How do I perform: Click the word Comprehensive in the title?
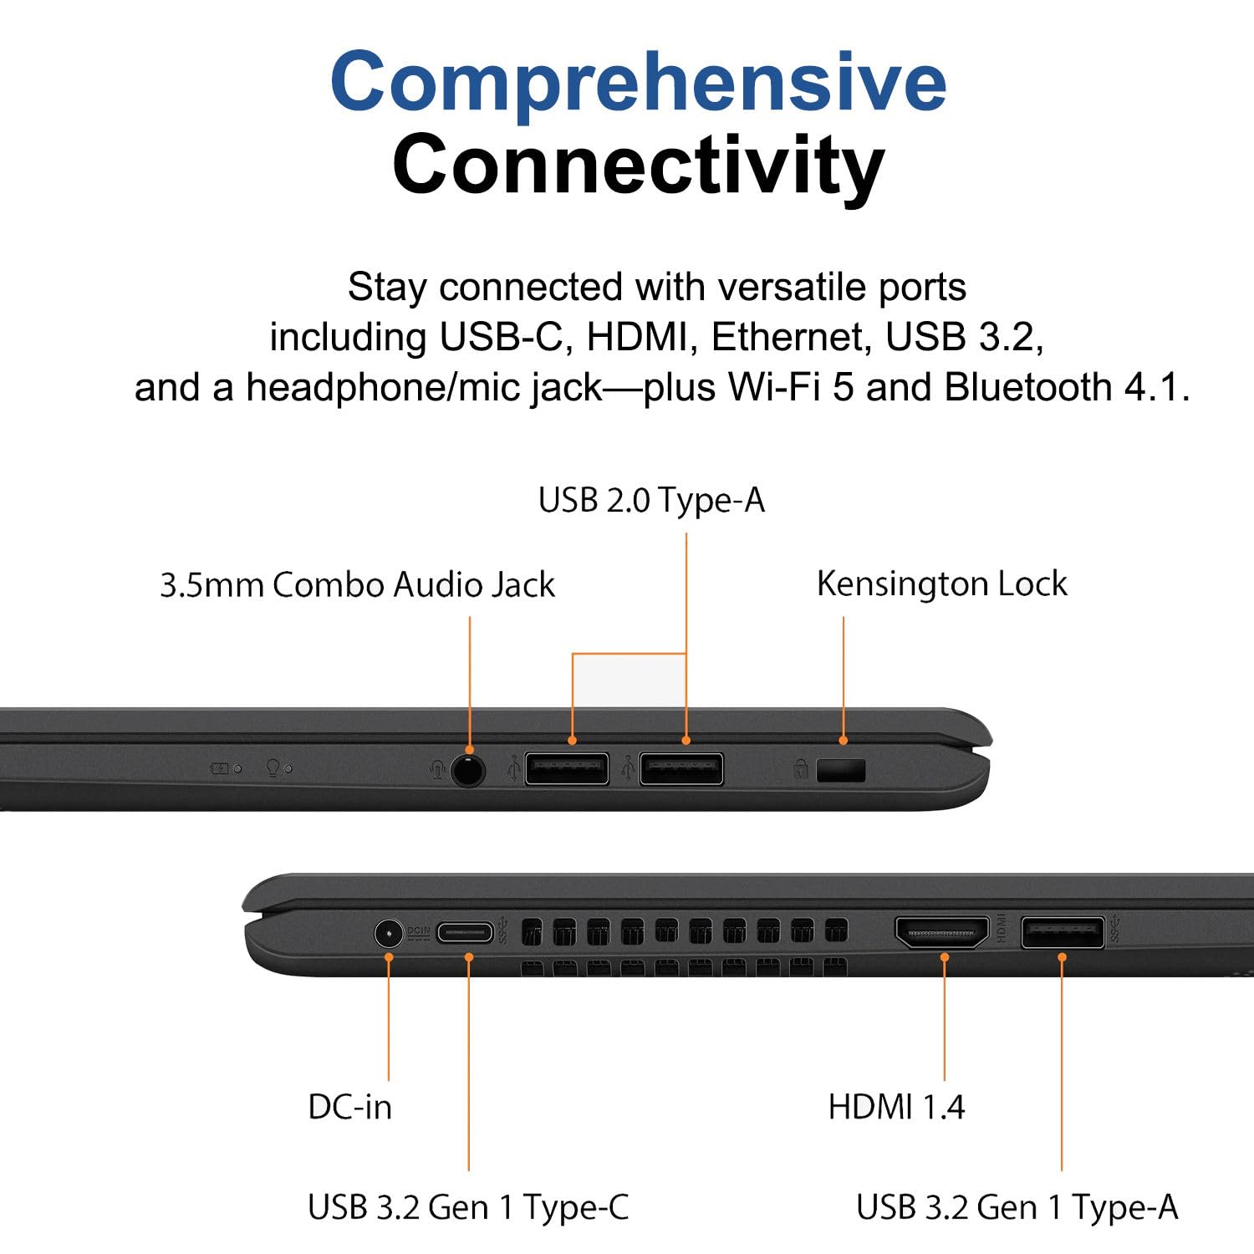[639, 82]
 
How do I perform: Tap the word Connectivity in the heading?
[639, 164]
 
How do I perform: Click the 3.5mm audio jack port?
[468, 769]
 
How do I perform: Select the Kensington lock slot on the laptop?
[841, 770]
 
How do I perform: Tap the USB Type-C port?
[466, 932]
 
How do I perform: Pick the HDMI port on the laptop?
[942, 932]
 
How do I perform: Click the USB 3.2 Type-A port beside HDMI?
[1063, 932]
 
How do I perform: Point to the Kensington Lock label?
[942, 584]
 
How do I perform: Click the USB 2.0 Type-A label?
[651, 501]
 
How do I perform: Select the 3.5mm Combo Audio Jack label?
[357, 584]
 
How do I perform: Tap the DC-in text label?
[349, 1107]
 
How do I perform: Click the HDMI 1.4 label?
[896, 1107]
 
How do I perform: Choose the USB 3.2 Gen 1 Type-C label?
[468, 1207]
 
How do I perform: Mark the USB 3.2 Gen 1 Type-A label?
[1017, 1207]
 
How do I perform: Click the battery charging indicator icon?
[221, 768]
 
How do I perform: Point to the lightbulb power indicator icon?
[273, 767]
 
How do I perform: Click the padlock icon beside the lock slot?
[801, 768]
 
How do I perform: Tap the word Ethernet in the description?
[787, 337]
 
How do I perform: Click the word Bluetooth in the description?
[1027, 387]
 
